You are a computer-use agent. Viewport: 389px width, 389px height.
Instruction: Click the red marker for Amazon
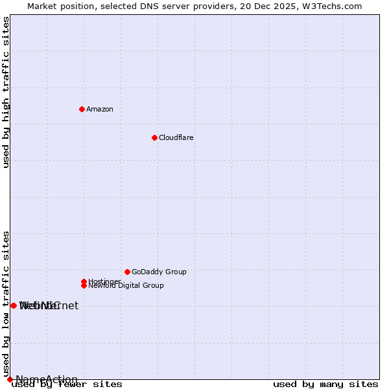[x=82, y=109]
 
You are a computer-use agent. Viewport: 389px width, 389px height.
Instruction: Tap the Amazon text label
[x=100, y=109]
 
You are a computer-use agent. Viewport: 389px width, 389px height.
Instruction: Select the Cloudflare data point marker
[x=154, y=137]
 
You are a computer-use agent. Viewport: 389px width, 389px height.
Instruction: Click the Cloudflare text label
[x=176, y=137]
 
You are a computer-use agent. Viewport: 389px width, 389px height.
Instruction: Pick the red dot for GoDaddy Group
[x=127, y=272]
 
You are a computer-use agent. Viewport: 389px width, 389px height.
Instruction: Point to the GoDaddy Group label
[x=159, y=272]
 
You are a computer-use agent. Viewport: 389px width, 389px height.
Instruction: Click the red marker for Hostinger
[x=84, y=281]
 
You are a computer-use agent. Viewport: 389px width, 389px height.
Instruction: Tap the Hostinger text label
[x=104, y=281]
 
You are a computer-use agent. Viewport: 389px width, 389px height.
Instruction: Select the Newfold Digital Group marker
[x=84, y=285]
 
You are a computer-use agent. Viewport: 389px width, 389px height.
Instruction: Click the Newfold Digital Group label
[x=126, y=286]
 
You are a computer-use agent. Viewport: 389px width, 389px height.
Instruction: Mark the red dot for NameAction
[x=10, y=379]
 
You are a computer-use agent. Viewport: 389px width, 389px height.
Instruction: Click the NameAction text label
[x=47, y=379]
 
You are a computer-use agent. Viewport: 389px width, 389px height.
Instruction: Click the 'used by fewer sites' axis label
[x=67, y=384]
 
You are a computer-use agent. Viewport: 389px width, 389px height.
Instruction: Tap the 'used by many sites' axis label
[x=325, y=384]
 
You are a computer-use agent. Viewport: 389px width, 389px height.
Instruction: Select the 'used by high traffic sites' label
[x=6, y=92]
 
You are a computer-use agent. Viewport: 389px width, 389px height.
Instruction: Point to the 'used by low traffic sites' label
[x=6, y=303]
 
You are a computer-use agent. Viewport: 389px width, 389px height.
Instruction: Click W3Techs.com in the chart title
[x=332, y=6]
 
